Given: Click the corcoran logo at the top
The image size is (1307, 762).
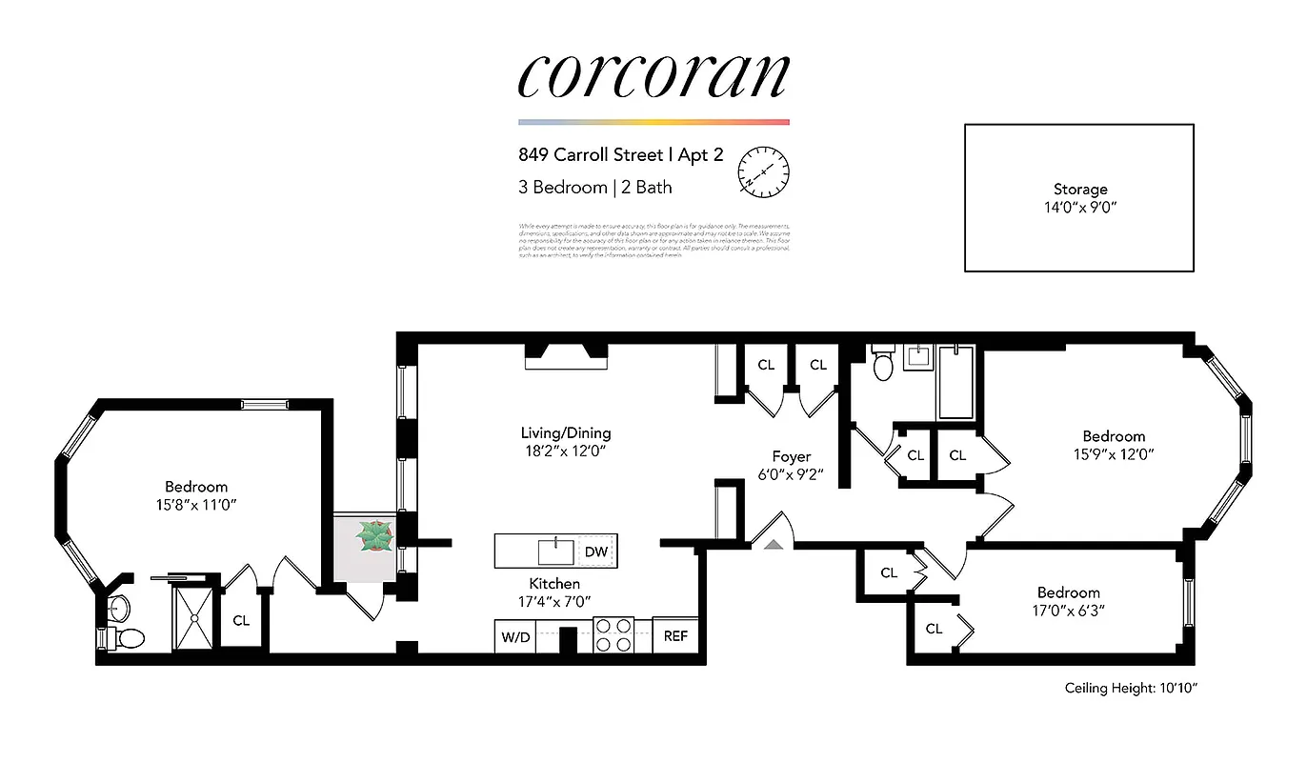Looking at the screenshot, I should pos(653,76).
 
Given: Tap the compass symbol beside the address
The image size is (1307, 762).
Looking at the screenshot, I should pos(764,170).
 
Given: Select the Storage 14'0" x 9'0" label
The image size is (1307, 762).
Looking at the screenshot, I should pos(1079,197).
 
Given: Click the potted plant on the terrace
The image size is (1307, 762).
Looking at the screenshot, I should pos(374,537).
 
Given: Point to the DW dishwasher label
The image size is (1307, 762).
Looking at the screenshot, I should pos(596,551).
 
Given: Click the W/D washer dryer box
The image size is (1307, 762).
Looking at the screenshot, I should pos(513,636).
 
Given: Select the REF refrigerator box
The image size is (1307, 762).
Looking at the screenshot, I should pos(675,636).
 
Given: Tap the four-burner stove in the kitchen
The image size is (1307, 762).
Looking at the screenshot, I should pos(614,634).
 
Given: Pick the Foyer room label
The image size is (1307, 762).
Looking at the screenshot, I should pos(791,456).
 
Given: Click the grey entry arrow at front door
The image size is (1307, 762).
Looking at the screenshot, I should pos(774,544).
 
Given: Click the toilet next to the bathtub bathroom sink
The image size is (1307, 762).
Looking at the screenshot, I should pos(882,364).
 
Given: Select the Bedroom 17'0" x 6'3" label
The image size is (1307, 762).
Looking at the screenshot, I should pos(1068,600).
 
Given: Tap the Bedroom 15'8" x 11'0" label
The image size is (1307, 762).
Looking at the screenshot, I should pos(196,494).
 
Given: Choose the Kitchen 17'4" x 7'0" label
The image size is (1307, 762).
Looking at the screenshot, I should pos(554,592).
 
